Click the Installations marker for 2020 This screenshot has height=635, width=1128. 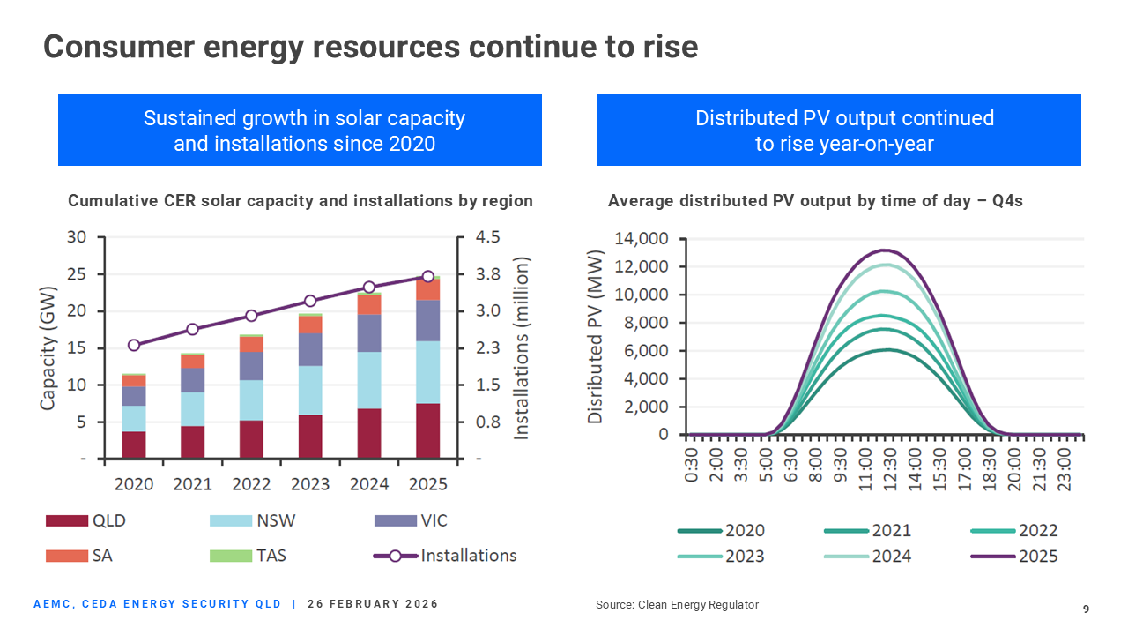pyautogui.click(x=134, y=345)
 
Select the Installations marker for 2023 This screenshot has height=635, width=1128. pyautogui.click(x=310, y=301)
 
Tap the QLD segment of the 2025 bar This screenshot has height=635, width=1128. pyautogui.click(x=428, y=430)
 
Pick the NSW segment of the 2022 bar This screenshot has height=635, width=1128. pyautogui.click(x=251, y=400)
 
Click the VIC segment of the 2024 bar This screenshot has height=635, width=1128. pyautogui.click(x=369, y=332)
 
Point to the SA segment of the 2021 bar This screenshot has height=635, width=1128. pyautogui.click(x=192, y=362)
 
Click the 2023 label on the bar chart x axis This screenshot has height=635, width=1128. pyautogui.click(x=310, y=484)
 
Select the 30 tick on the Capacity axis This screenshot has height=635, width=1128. pyautogui.click(x=78, y=237)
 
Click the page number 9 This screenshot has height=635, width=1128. pyautogui.click(x=1086, y=609)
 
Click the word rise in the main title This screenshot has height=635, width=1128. pyautogui.click(x=667, y=47)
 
